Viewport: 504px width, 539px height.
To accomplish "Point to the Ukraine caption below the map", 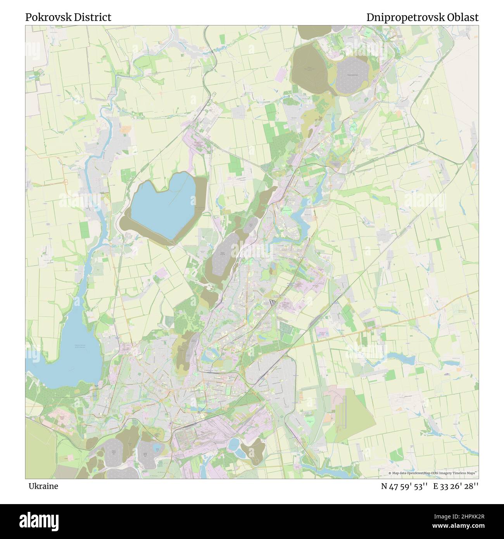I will tap(43, 486).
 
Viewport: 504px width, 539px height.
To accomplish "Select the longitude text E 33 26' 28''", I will tap(457, 486).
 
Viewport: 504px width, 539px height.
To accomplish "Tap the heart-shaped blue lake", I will tap(163, 206).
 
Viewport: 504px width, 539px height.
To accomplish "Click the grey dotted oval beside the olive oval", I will tap(353, 74).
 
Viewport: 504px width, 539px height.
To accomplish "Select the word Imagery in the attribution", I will tap(446, 473).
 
